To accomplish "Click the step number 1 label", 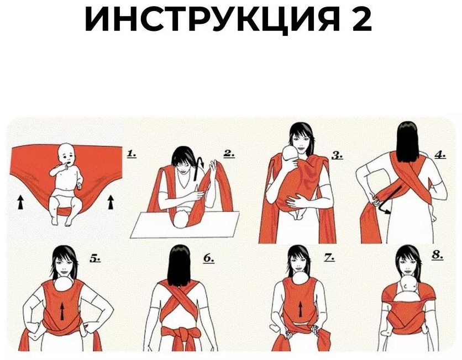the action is click(132, 153).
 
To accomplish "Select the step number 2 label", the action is click(229, 153).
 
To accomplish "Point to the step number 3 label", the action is click(337, 155).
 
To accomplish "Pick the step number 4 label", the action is click(440, 155).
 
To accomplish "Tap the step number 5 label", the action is click(95, 258).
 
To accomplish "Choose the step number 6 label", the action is click(208, 258).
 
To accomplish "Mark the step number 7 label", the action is click(329, 257).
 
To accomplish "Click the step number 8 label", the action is click(438, 255).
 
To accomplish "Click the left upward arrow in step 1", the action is click(20, 202).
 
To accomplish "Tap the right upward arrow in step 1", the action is click(111, 202).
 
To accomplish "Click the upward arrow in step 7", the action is click(300, 310).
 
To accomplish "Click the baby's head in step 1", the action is click(66, 153).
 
